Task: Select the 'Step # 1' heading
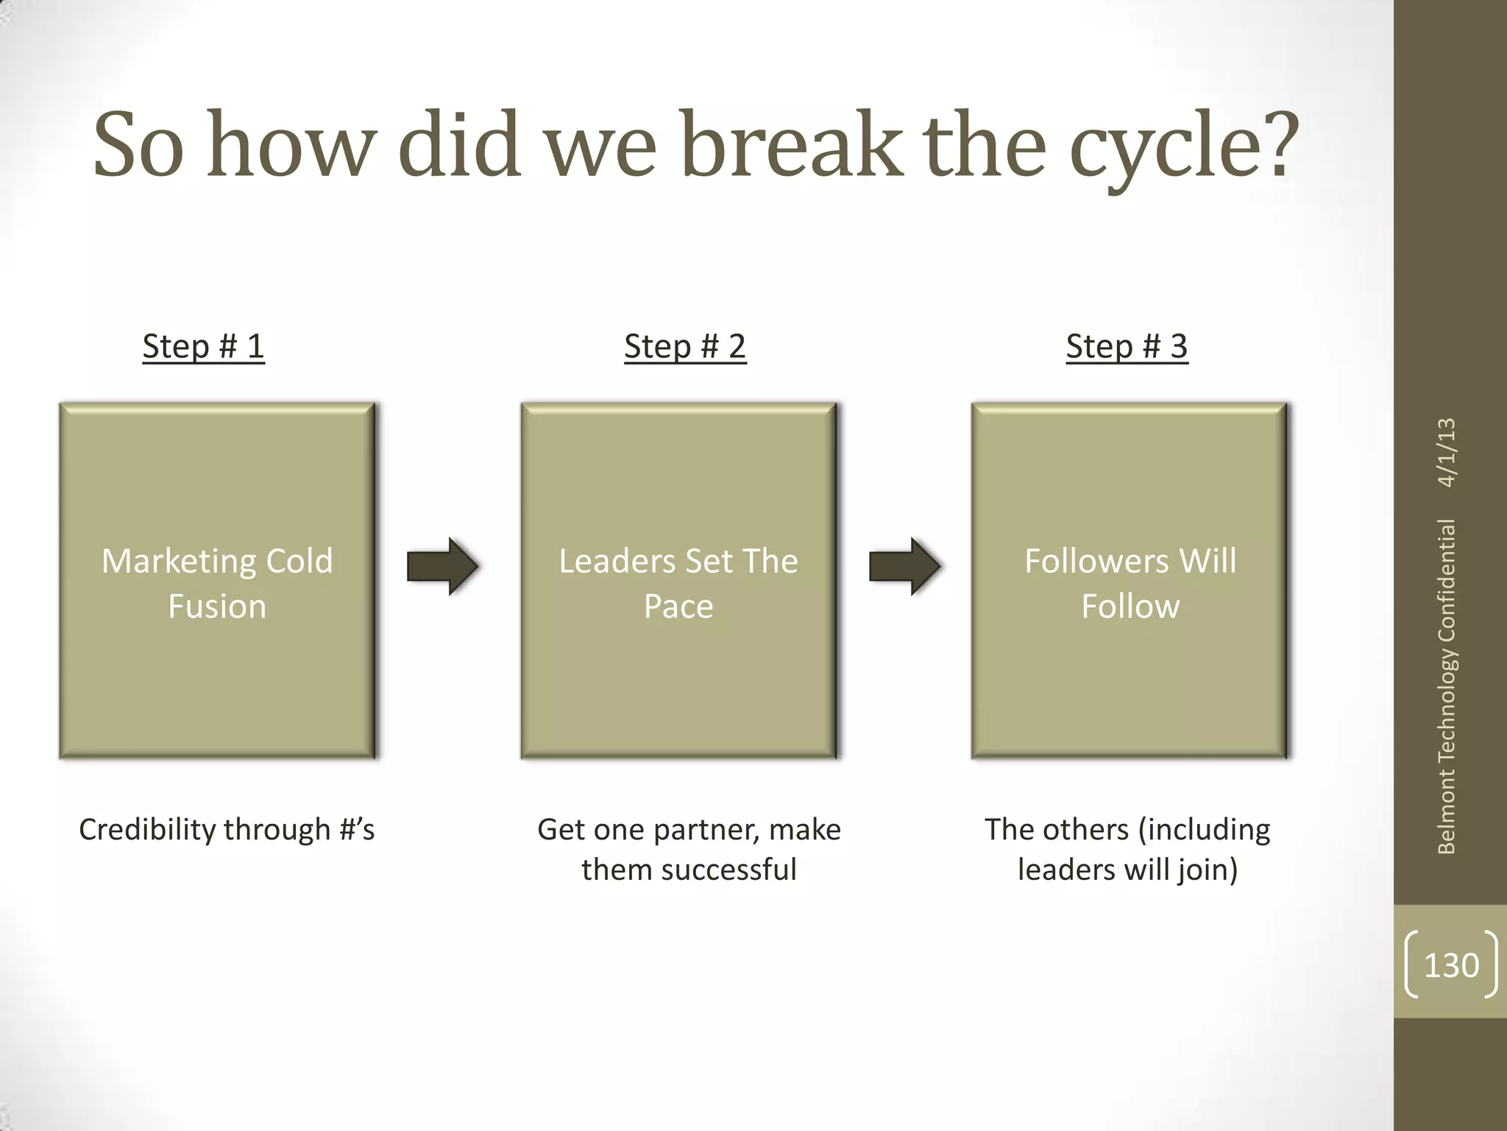click(203, 346)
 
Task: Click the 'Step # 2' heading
click(685, 346)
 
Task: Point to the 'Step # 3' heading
click(1127, 346)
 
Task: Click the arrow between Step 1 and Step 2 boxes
click(443, 566)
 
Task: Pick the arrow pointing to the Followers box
click(904, 566)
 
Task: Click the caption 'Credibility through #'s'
click(227, 830)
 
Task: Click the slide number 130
click(1451, 965)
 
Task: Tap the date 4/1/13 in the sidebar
click(1447, 452)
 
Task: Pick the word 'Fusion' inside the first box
click(217, 607)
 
